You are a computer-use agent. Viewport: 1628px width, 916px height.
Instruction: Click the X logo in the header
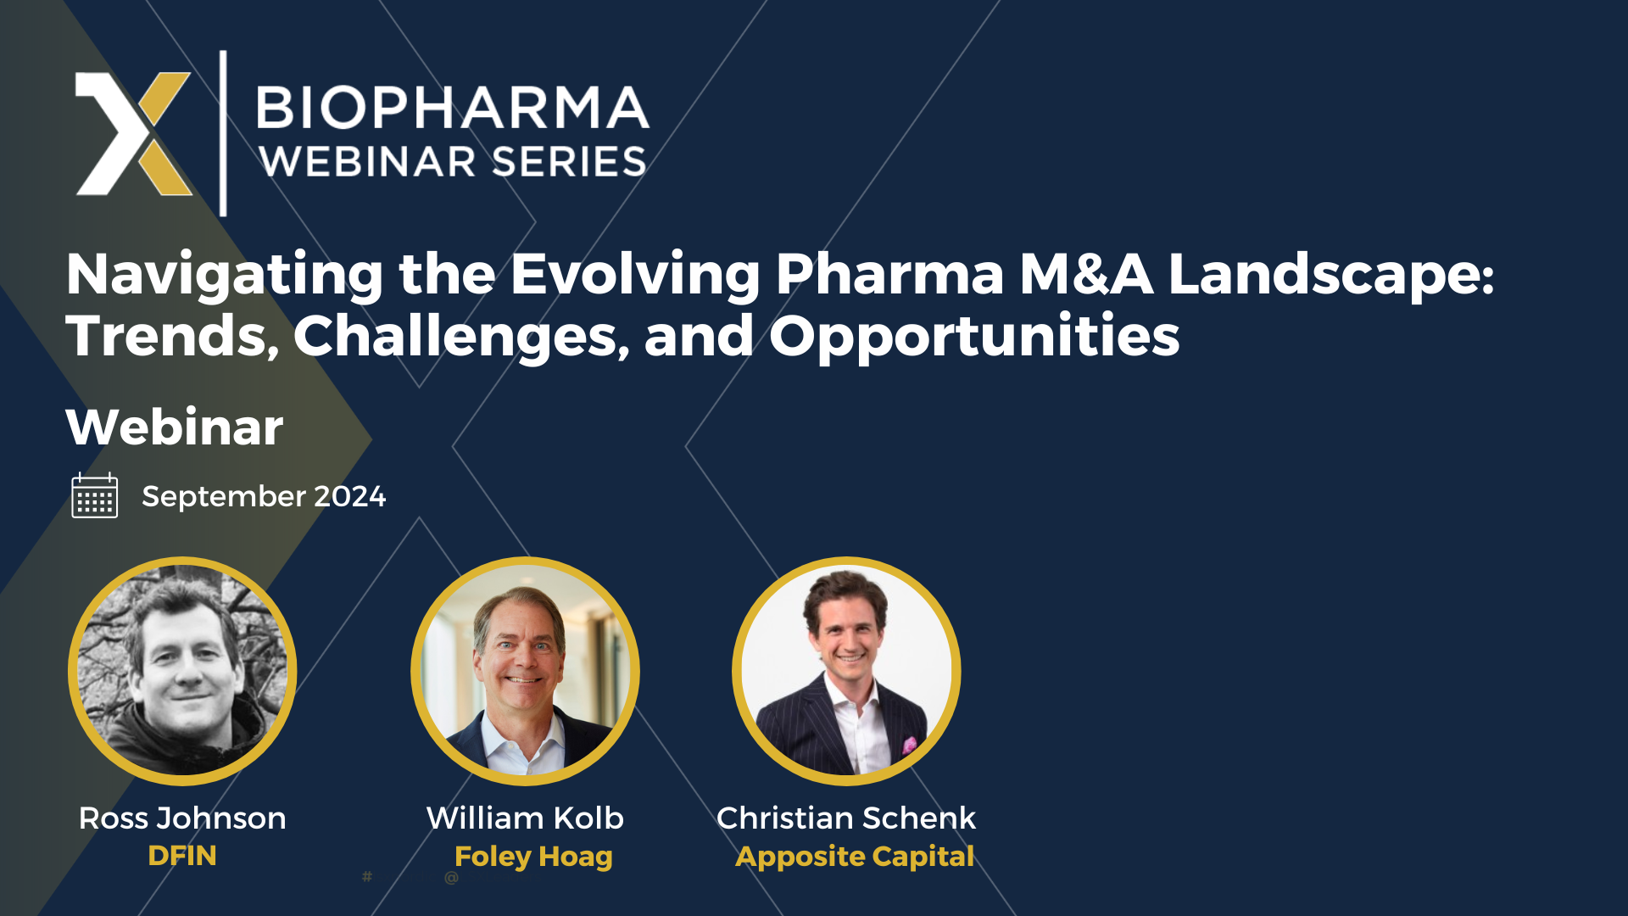tap(134, 133)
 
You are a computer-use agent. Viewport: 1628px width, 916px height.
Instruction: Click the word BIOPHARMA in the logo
tap(453, 108)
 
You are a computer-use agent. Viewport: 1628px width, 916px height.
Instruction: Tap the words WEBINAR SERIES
tap(453, 162)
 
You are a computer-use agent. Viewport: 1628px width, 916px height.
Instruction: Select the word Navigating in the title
tap(225, 275)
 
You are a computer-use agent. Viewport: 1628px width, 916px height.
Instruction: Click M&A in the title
tap(1085, 275)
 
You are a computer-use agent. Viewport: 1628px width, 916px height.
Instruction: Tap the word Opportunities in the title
tap(973, 337)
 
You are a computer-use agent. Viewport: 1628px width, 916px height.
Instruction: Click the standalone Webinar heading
tap(175, 427)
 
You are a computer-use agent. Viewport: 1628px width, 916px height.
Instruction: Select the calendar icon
tap(95, 496)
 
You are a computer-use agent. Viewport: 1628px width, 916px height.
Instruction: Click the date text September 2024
tap(264, 496)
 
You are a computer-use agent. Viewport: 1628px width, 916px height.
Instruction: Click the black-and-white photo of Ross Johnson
tap(182, 671)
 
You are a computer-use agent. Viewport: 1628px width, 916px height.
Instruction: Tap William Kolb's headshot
tap(525, 671)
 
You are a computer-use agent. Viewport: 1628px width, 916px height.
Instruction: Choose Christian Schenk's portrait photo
tap(846, 671)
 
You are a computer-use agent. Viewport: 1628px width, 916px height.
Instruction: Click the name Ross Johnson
tap(182, 818)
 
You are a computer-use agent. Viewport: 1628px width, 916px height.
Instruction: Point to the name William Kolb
tap(525, 818)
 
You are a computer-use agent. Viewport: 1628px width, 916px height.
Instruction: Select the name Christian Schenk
tap(846, 818)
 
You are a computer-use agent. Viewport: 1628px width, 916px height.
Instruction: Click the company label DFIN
tap(182, 856)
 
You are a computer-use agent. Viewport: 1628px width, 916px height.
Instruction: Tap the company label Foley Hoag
tap(533, 857)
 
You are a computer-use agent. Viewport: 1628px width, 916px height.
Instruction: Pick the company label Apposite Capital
tap(855, 857)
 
